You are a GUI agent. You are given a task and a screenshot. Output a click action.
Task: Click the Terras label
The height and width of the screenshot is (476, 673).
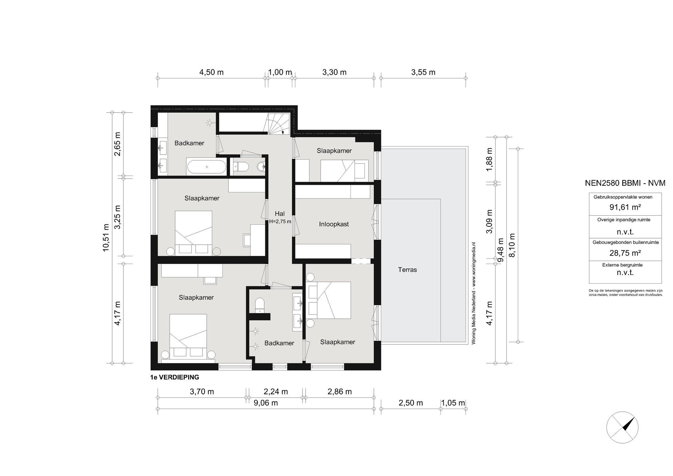click(x=407, y=270)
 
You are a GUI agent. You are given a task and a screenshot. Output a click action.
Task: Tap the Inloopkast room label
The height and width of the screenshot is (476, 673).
click(x=334, y=224)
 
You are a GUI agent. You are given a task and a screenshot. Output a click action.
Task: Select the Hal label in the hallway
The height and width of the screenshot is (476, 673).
click(x=279, y=214)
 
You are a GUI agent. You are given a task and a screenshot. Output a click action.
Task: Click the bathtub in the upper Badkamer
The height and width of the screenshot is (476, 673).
click(x=207, y=167)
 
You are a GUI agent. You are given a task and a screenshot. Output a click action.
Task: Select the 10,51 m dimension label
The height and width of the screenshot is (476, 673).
click(x=106, y=238)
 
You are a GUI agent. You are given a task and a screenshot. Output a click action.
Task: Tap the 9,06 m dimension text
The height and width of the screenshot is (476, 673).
click(x=265, y=403)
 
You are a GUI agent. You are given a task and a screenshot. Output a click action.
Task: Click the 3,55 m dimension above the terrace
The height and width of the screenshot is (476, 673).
click(x=423, y=72)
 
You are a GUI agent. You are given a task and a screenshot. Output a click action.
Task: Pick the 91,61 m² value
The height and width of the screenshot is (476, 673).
click(x=625, y=207)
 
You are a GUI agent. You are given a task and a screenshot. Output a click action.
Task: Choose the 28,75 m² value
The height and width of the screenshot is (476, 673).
click(x=625, y=253)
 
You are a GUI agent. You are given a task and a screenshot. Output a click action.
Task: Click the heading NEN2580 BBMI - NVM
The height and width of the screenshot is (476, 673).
click(x=625, y=183)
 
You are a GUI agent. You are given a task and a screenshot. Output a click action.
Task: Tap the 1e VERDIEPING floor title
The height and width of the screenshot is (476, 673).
click(x=174, y=377)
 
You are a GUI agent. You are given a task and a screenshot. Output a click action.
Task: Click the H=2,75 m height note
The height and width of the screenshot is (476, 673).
click(x=280, y=222)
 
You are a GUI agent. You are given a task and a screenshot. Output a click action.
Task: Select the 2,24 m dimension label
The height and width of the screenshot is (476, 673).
click(x=276, y=392)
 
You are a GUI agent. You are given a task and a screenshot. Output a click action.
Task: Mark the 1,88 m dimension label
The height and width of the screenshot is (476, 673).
click(x=489, y=160)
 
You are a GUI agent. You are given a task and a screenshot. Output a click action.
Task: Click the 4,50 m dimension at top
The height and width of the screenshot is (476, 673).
click(x=211, y=72)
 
